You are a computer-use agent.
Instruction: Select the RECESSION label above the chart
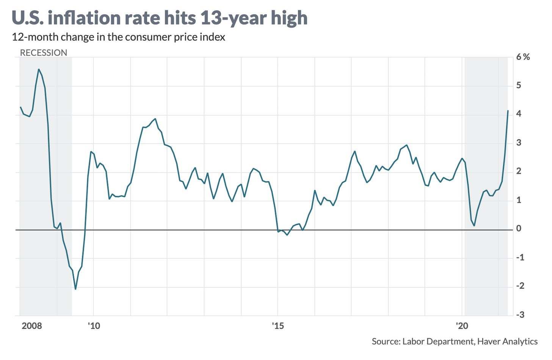click(x=43, y=53)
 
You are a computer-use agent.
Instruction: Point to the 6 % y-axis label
click(x=523, y=57)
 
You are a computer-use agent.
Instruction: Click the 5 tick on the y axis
click(x=519, y=86)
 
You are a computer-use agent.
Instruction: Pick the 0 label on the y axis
click(x=519, y=229)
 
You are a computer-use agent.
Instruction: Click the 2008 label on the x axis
click(x=32, y=326)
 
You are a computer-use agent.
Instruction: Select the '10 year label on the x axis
click(x=94, y=326)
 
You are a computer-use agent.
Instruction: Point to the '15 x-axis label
click(x=278, y=326)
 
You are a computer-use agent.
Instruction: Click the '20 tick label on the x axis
click(x=462, y=326)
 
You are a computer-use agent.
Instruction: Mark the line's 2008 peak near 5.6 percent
click(x=39, y=69)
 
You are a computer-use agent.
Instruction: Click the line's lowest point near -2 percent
click(x=75, y=289)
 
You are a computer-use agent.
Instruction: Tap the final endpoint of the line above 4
click(x=508, y=110)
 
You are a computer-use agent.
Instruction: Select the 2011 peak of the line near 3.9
click(x=155, y=119)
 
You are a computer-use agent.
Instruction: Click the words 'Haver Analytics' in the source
click(x=507, y=341)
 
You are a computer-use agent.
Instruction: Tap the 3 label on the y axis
click(x=519, y=143)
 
